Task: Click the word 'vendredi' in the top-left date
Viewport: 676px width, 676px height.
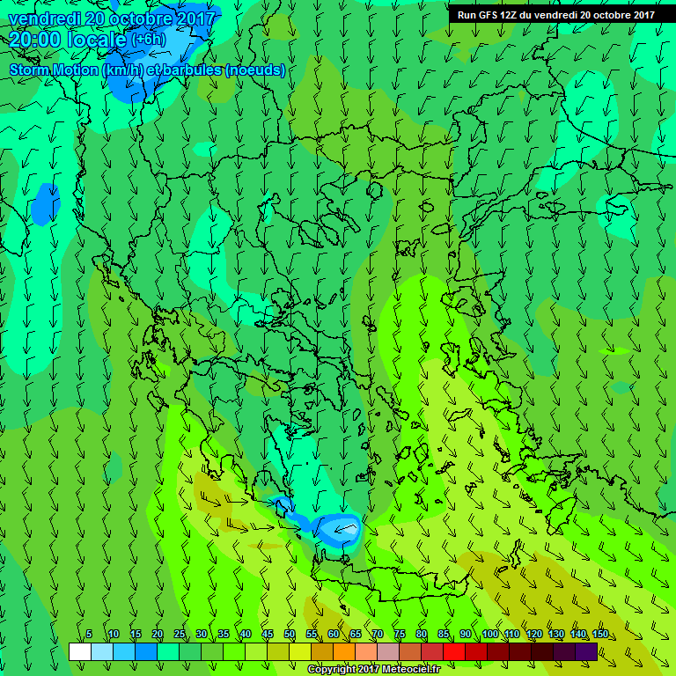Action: (42, 18)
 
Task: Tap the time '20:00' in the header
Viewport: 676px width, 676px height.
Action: (33, 40)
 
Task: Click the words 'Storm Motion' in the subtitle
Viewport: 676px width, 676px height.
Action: (54, 70)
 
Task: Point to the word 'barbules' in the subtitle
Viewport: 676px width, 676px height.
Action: (194, 70)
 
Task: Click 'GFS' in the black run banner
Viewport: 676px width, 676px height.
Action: (485, 15)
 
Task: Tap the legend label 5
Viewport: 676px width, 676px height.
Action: (89, 635)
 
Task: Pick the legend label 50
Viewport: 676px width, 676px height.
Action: (290, 635)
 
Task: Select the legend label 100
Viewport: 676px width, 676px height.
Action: (489, 635)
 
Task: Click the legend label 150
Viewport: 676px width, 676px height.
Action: (599, 635)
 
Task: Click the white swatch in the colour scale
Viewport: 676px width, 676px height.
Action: (79, 651)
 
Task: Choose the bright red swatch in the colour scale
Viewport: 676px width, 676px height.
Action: (453, 651)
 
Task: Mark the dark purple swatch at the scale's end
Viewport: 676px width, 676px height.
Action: (586, 651)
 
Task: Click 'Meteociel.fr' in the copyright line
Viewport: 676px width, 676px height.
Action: (408, 670)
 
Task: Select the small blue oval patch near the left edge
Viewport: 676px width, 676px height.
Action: (45, 204)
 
